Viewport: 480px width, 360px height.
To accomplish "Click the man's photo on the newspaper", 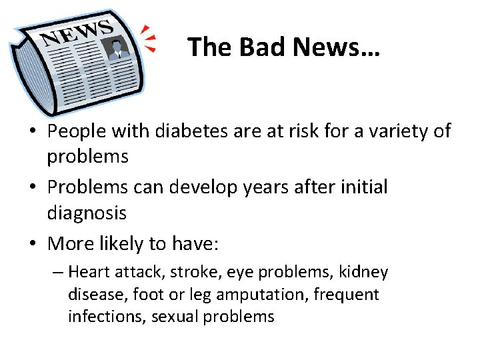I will [x=118, y=48].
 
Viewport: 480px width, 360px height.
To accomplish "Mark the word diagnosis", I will [x=87, y=213].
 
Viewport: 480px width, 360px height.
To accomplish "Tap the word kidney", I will [x=363, y=273].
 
